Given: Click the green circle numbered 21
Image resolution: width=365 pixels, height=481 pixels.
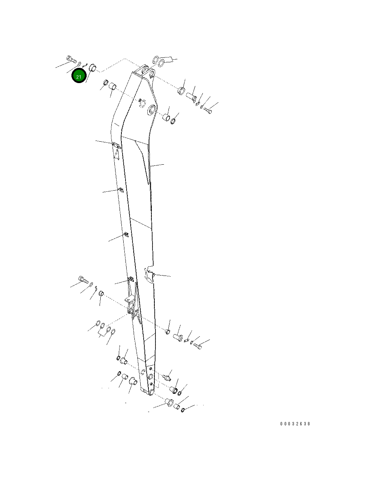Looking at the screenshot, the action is [79, 76].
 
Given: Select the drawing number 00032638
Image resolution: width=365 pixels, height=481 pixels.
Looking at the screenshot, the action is [295, 424].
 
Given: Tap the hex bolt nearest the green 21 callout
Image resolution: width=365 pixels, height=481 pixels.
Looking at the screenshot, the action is [71, 59].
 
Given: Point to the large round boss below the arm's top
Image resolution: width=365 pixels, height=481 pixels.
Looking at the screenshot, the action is [152, 109].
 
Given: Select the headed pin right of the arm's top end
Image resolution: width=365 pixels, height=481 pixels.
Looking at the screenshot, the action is [191, 97].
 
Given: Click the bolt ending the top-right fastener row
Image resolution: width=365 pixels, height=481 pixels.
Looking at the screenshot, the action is [208, 111].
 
